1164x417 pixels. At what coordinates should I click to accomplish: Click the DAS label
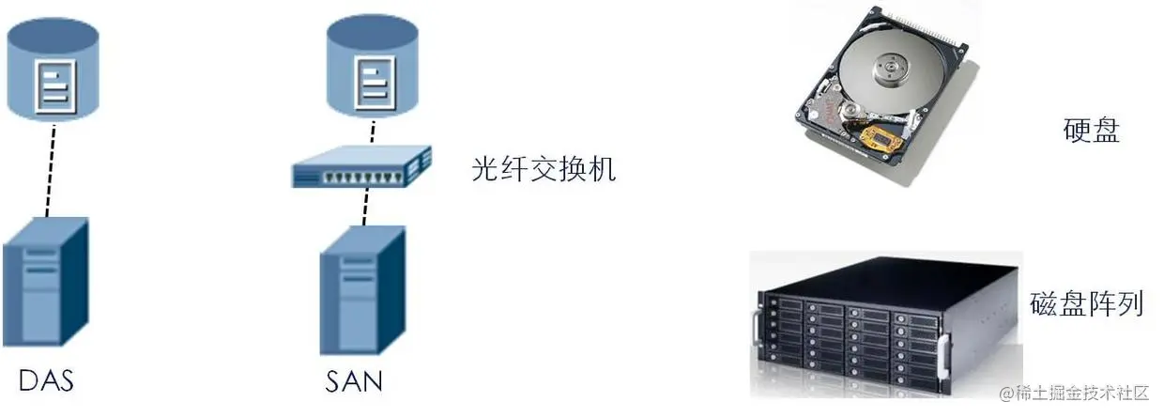pyautogui.click(x=46, y=380)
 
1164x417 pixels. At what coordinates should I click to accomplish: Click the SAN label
pyautogui.click(x=354, y=382)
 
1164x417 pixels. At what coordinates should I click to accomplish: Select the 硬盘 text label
pyautogui.click(x=1092, y=130)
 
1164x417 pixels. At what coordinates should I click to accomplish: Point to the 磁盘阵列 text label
pyautogui.click(x=1086, y=303)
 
